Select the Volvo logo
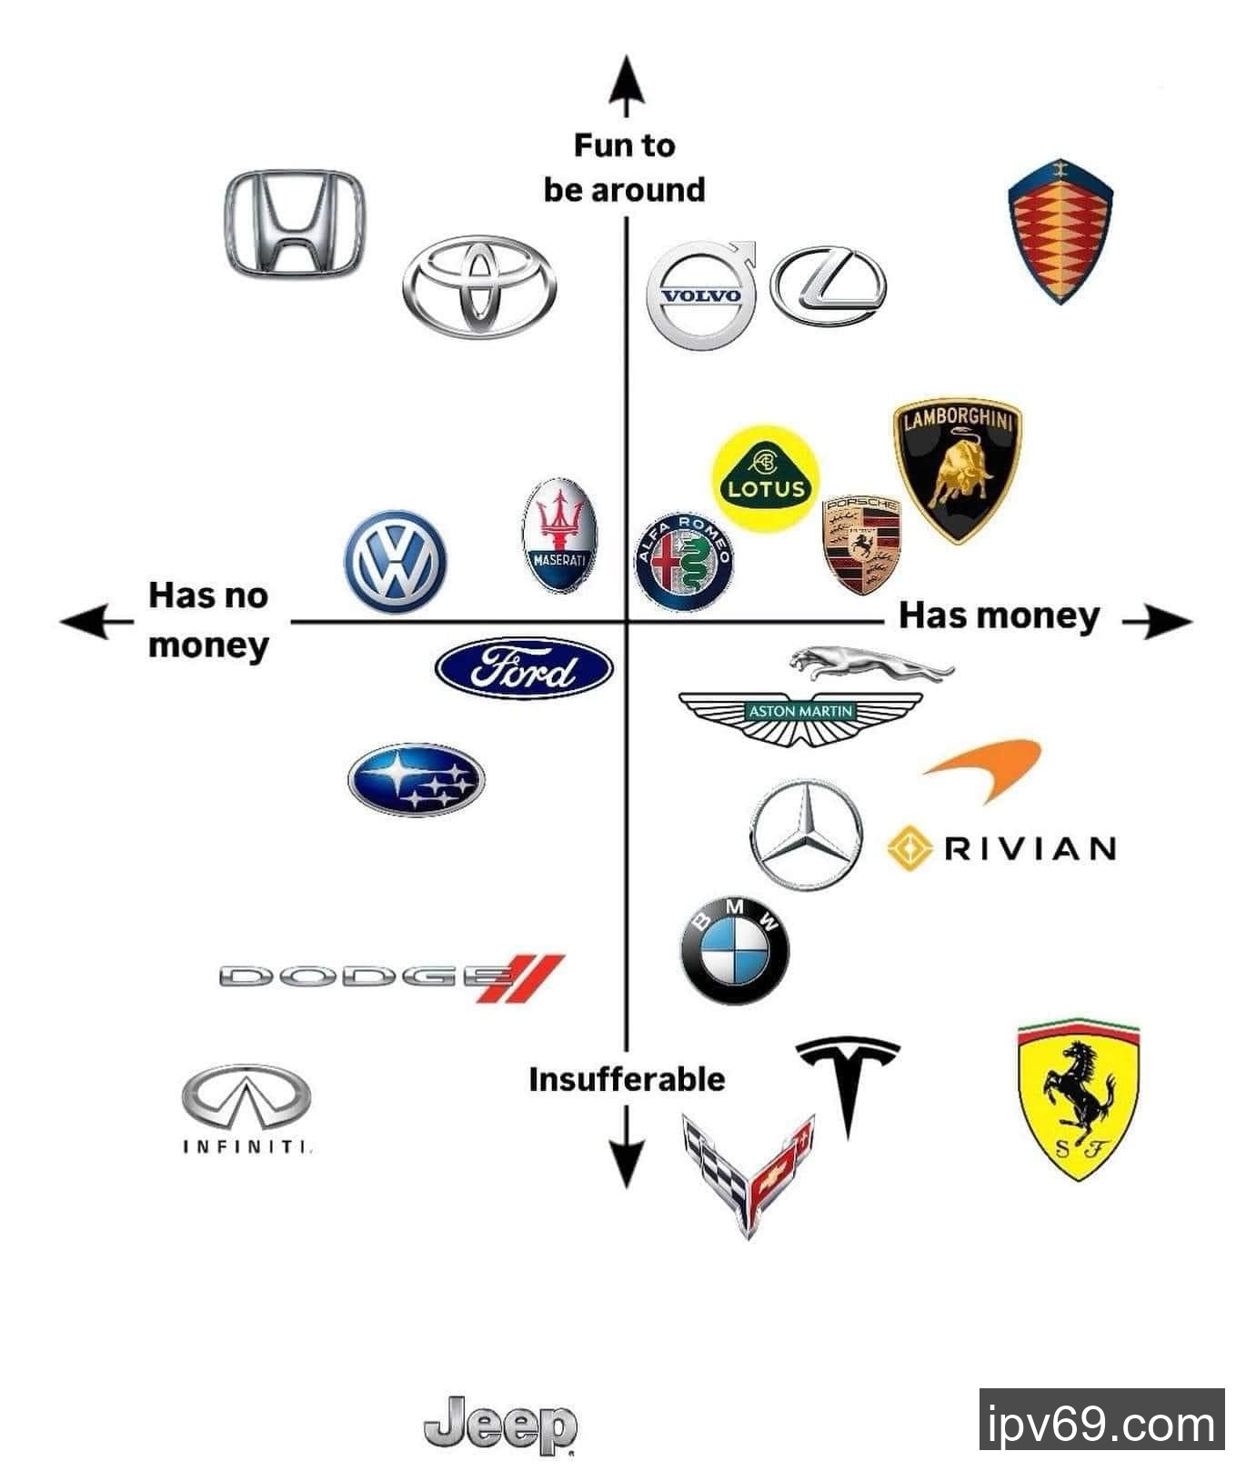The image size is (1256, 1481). coord(701,295)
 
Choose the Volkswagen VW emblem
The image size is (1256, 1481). coord(396,561)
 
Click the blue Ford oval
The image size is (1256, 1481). coord(524,668)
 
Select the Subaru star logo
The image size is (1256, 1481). coord(417,780)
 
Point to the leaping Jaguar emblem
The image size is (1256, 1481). coord(870,662)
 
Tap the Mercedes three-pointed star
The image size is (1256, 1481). coord(805,834)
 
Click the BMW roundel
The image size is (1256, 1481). coord(735,952)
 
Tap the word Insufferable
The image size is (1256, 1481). coord(627,1079)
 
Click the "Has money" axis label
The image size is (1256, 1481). coord(999,615)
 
